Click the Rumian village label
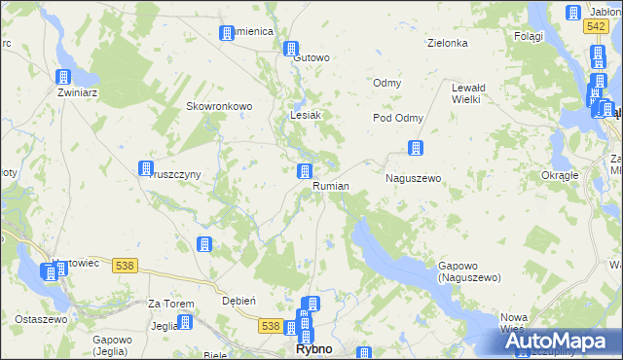(331, 186)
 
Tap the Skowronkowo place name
(219, 106)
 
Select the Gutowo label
(311, 57)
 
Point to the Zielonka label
(448, 44)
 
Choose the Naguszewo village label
(414, 179)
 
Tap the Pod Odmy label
(398, 118)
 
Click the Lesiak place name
(306, 115)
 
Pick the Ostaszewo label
(39, 319)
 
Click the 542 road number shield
(598, 27)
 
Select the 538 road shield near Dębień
(271, 326)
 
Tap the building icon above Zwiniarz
(64, 78)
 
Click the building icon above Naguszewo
(416, 148)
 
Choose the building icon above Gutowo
(291, 48)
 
